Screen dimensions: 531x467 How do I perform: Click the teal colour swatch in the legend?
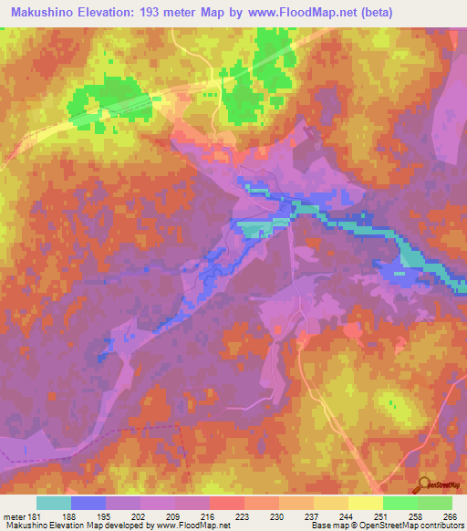coord(53,503)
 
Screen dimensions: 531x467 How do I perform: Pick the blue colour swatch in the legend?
coord(88,503)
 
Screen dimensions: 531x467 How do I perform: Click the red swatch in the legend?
coord(226,503)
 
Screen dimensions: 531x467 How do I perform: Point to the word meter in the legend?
coord(13,516)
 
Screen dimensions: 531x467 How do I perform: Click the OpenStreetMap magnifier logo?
coord(422,484)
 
